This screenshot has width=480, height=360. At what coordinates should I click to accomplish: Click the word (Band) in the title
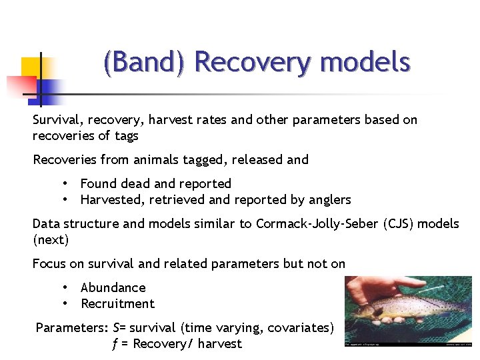click(x=145, y=63)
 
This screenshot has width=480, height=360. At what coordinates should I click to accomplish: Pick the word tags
click(x=125, y=136)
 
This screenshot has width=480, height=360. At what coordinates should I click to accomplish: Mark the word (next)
click(x=51, y=239)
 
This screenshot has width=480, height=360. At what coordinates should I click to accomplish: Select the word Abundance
click(x=113, y=288)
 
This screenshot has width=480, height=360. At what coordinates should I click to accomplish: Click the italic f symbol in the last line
click(x=115, y=344)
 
